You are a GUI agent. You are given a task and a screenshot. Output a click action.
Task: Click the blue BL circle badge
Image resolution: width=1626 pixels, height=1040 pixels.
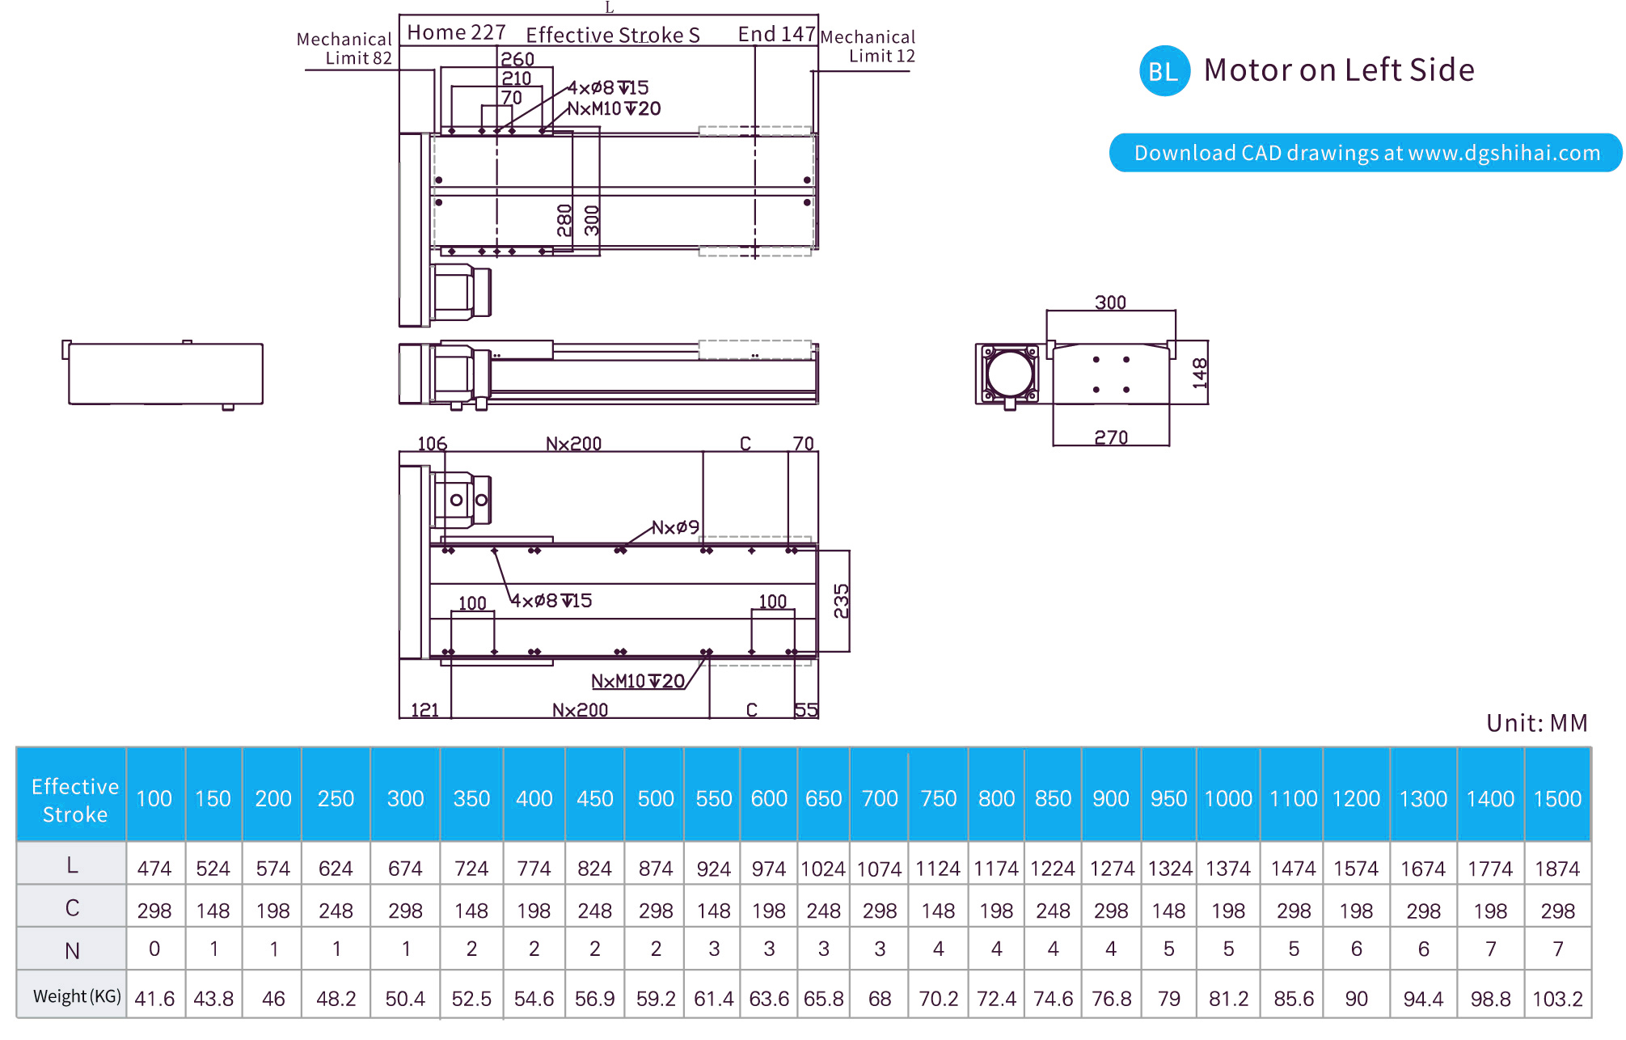tap(1164, 71)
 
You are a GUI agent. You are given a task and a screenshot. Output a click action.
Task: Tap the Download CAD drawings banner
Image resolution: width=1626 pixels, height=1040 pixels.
tap(1366, 153)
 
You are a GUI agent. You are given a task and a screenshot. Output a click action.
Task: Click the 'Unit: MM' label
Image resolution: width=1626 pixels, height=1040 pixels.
tap(1536, 722)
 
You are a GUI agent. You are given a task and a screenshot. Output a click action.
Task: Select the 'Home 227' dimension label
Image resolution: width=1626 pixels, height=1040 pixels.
tap(456, 32)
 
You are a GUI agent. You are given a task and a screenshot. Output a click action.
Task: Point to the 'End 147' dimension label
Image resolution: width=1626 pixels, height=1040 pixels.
tap(776, 34)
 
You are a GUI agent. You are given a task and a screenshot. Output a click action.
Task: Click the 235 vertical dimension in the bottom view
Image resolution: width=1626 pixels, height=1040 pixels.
tap(842, 601)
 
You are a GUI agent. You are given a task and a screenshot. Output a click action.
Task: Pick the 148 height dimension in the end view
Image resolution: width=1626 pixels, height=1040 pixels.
tap(1200, 373)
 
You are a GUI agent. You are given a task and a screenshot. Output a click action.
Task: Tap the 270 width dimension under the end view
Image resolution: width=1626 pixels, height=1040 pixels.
tap(1111, 438)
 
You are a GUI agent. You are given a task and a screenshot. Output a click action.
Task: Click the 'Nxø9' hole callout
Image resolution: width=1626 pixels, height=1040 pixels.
tap(675, 527)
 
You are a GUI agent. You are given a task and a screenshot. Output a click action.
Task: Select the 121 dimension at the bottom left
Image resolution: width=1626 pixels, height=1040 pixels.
tap(424, 710)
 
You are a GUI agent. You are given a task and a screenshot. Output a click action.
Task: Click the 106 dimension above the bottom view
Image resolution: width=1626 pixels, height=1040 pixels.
tap(432, 443)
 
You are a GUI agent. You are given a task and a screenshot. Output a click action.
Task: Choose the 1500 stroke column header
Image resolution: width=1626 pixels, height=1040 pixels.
tap(1557, 798)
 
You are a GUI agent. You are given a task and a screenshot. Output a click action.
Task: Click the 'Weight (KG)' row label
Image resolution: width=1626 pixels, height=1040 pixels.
tap(77, 996)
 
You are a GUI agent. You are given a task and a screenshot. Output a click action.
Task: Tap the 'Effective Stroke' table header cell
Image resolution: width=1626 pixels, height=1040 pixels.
tap(74, 799)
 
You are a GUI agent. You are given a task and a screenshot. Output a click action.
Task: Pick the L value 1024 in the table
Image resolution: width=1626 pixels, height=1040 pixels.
tap(823, 869)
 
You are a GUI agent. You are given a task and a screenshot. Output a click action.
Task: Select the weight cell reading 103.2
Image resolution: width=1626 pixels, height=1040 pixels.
tap(1557, 999)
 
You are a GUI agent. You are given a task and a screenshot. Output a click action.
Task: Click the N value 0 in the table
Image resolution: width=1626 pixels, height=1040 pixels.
tap(154, 949)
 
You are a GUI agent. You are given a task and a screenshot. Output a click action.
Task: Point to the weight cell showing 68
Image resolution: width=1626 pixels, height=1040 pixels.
tap(880, 999)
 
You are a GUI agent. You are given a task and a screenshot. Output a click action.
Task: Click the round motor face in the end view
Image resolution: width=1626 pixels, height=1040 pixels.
tap(1010, 374)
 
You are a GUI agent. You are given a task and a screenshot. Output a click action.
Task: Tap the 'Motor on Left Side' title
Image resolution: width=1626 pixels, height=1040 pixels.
tap(1338, 70)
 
